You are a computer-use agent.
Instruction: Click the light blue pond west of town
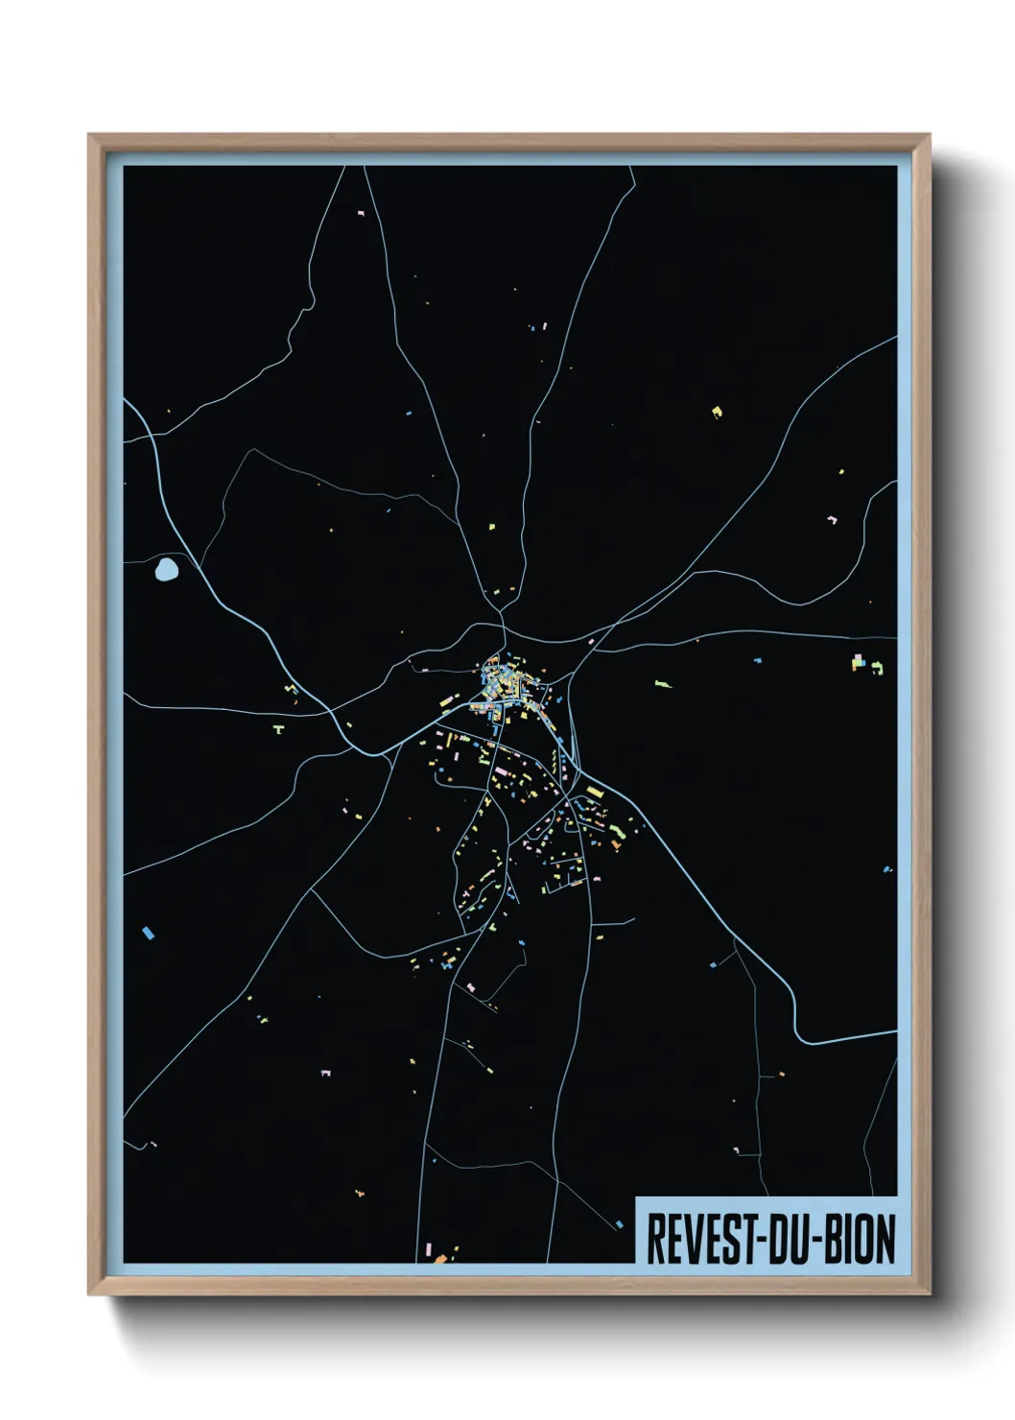tap(167, 570)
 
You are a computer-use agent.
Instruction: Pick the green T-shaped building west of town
tap(278, 730)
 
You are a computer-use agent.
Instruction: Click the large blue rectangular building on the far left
tap(148, 932)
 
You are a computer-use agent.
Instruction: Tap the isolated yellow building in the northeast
tap(716, 412)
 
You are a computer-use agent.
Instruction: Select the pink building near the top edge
tap(361, 212)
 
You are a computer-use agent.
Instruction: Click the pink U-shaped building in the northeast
tap(832, 520)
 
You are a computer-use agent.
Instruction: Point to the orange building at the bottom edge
tap(440, 1258)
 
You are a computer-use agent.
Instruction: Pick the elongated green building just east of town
tap(662, 683)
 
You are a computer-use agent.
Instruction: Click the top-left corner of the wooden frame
tap(90, 136)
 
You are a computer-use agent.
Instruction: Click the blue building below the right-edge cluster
tap(886, 868)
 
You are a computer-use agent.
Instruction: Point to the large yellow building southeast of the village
tap(594, 793)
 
